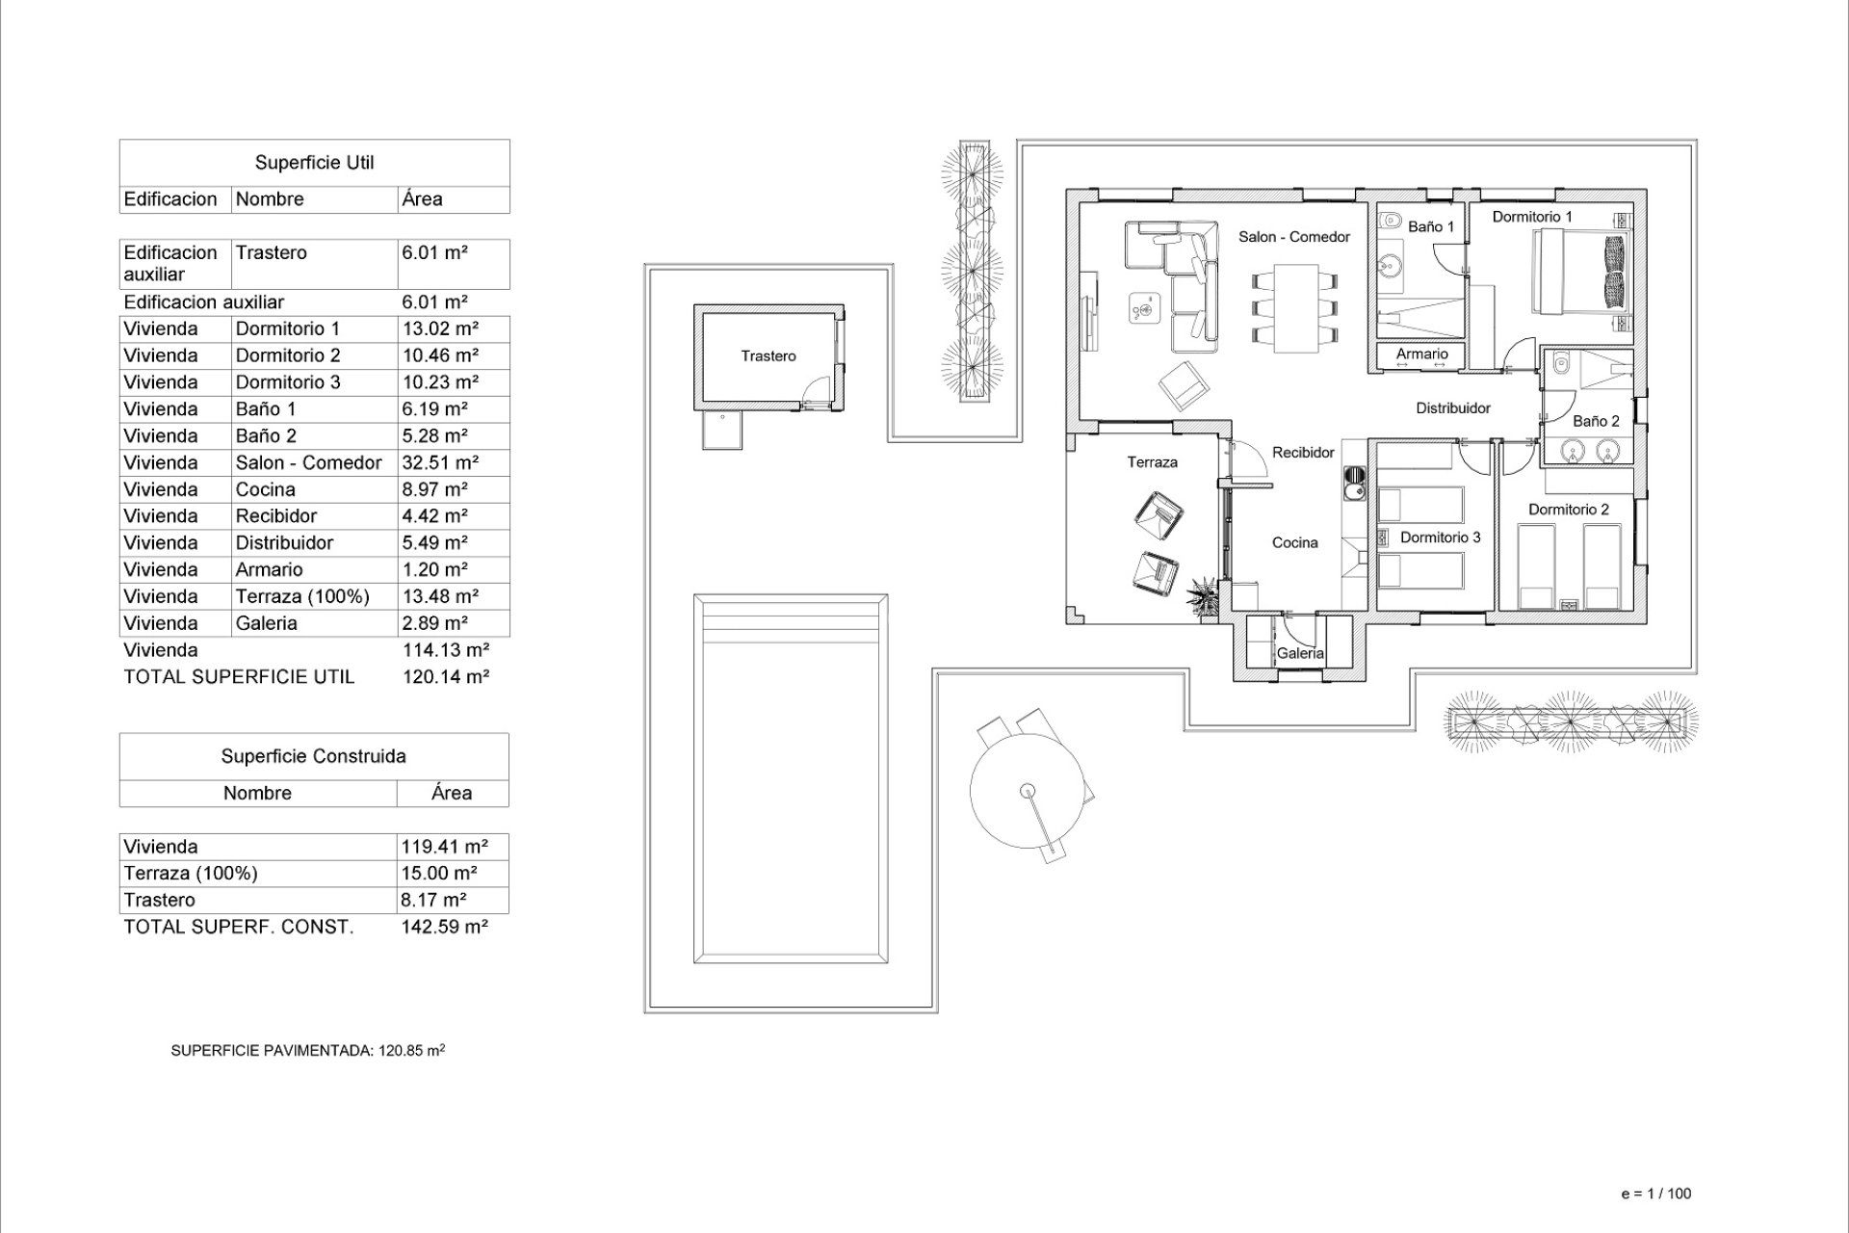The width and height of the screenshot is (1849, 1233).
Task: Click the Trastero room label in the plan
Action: pyautogui.click(x=768, y=356)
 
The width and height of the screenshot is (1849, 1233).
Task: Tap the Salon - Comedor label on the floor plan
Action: pyautogui.click(x=1293, y=237)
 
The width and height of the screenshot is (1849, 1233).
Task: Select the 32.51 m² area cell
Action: pyautogui.click(x=440, y=462)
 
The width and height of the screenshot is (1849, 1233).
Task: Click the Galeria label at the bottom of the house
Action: pyautogui.click(x=1300, y=653)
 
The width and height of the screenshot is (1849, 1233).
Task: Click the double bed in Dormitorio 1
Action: pyautogui.click(x=1579, y=274)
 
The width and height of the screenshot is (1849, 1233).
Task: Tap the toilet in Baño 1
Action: pyautogui.click(x=1388, y=223)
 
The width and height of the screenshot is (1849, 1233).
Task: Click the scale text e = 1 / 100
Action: pyautogui.click(x=1655, y=1194)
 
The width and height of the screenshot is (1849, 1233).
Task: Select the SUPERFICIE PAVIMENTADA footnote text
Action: pyautogui.click(x=307, y=1051)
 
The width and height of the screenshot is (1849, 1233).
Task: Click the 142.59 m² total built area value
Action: pyautogui.click(x=444, y=927)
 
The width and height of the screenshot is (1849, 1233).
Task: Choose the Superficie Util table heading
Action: pyautogui.click(x=314, y=163)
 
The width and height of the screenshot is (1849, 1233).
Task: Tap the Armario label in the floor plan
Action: pyautogui.click(x=1421, y=354)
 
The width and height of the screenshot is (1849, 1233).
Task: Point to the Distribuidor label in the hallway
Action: pyautogui.click(x=1452, y=408)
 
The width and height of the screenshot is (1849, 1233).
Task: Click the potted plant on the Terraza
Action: pyautogui.click(x=1202, y=593)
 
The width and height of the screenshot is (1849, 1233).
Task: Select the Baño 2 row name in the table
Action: pyautogui.click(x=266, y=435)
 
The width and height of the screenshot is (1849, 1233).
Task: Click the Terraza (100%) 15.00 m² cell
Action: pyautogui.click(x=439, y=873)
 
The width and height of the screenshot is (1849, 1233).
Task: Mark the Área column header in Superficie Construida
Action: pyautogui.click(x=451, y=793)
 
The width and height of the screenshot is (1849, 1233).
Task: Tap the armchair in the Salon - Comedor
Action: pyautogui.click(x=1183, y=385)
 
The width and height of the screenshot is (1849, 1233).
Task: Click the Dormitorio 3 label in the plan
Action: pyautogui.click(x=1440, y=538)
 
